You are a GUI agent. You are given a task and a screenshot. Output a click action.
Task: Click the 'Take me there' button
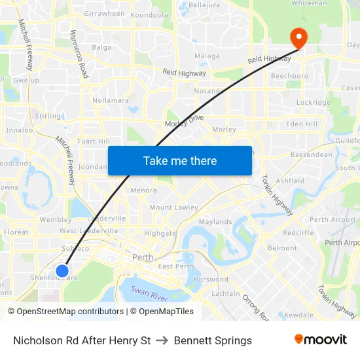point(180,160)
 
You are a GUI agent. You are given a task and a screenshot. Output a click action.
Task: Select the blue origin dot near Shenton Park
point(62,270)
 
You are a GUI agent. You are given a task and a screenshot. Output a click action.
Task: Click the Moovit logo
point(321,340)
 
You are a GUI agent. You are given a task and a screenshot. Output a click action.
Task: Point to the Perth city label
point(143,257)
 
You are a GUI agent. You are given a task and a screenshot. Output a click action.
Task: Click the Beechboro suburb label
point(289,76)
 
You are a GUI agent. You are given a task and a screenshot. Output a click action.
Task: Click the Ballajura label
point(204,5)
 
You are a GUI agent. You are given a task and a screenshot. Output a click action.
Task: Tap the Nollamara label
point(111,100)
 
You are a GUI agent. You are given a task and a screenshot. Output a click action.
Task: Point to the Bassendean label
point(312,155)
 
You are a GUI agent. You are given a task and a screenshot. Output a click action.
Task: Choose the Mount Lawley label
point(173,207)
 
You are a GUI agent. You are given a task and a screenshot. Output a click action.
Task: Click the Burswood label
point(211,279)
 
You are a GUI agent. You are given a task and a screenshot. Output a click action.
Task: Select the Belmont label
point(282,248)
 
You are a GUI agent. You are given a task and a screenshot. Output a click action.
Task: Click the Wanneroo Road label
point(79,54)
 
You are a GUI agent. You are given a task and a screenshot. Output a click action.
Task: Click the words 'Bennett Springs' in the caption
point(213,340)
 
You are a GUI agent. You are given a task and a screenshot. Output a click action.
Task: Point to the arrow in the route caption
point(162,340)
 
